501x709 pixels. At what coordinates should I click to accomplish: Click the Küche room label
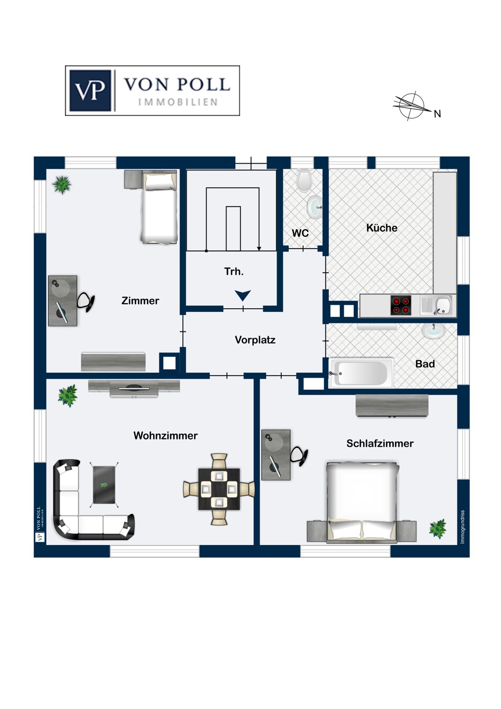point(382,228)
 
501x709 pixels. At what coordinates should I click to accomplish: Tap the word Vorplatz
point(255,340)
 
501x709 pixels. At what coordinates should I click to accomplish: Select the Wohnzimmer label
point(165,435)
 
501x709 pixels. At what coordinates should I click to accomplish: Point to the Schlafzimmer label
point(380,443)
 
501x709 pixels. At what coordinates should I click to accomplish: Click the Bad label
point(425,364)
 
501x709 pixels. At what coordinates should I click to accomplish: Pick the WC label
point(300,233)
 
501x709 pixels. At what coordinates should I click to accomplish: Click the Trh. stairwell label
point(234,272)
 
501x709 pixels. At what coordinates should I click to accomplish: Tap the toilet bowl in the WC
point(304,181)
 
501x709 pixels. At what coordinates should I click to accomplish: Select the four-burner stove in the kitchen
point(401,305)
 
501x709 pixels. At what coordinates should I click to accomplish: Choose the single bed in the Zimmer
point(159,207)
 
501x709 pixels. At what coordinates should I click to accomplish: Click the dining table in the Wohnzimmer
point(219,489)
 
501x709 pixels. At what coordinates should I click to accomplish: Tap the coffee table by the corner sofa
point(104,484)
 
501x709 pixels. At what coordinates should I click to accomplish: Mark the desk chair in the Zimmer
point(86,302)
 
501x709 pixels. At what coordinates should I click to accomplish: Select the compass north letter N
point(437,114)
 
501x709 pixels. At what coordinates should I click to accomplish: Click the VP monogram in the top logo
point(90,91)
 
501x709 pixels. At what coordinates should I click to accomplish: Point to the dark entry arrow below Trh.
point(243,295)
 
